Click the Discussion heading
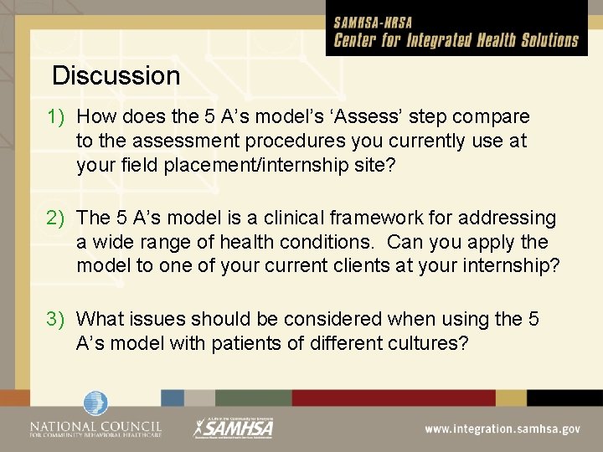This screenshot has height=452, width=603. tap(116, 76)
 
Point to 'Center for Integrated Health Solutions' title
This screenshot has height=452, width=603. tap(456, 41)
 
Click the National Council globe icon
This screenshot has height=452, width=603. tap(95, 405)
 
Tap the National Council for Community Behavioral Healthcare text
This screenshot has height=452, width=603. tap(95, 429)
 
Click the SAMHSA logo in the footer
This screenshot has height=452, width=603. tap(234, 428)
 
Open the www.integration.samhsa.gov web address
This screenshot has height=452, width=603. tap(502, 429)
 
